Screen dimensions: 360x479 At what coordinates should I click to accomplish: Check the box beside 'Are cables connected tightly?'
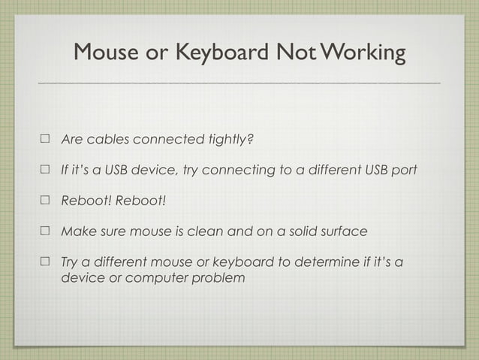tap(45, 140)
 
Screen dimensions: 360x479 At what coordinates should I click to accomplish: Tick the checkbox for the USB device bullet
tap(45, 170)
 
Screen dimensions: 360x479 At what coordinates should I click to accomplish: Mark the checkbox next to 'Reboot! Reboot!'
tap(45, 201)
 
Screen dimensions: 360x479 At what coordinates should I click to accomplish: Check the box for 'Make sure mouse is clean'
tap(45, 231)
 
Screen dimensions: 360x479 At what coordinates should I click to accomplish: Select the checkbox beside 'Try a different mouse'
tap(45, 262)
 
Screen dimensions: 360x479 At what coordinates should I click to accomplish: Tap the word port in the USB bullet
tap(402, 170)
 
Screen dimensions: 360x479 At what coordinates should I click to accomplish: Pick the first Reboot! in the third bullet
tap(86, 201)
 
